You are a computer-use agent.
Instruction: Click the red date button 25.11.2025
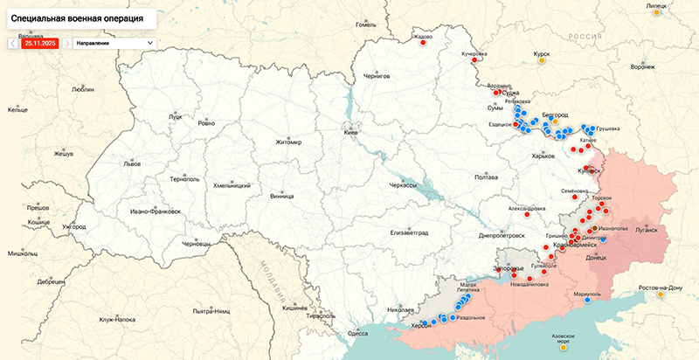pos(39,42)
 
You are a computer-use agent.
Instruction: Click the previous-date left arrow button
pos(12,42)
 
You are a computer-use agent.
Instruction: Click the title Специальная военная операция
pos(79,17)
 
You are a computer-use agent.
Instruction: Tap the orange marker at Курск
pos(542,61)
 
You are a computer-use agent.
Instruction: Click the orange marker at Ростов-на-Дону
pos(661,295)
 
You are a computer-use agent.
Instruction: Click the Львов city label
pos(131,163)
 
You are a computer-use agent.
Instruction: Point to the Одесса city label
pos(357,333)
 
